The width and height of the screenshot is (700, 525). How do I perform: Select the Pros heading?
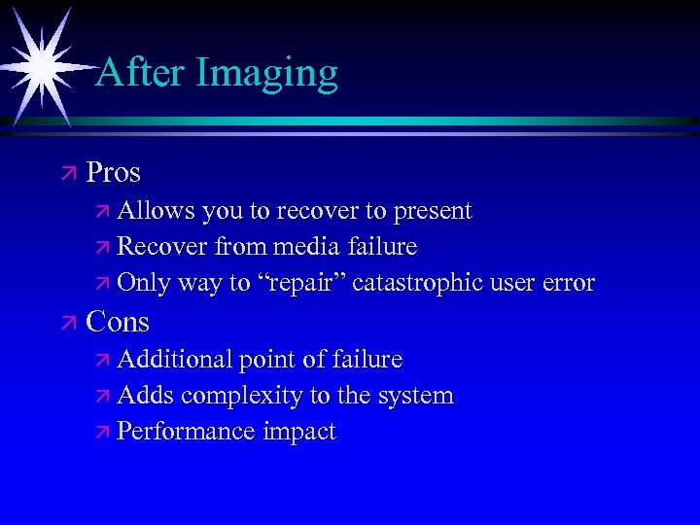pos(113,173)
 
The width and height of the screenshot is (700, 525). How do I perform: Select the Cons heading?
pos(118,321)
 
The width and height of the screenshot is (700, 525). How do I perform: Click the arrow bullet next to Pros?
pos(66,174)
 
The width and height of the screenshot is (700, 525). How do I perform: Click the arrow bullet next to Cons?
pos(66,322)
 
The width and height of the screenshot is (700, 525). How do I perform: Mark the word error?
pos(565,284)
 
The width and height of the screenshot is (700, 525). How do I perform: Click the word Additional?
pos(172,359)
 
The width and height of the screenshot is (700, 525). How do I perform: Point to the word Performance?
pos(185,433)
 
